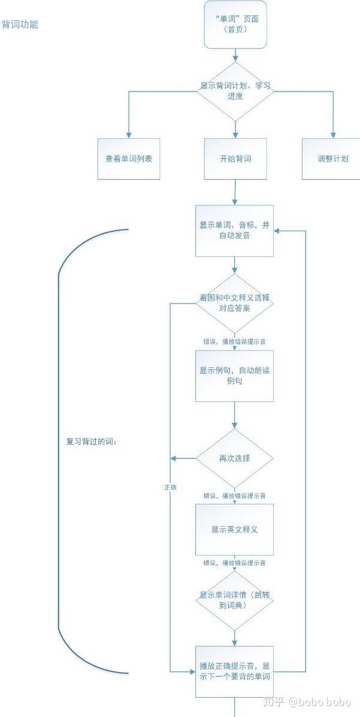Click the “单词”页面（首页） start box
235,24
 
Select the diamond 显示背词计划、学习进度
235,92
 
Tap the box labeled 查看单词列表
129,159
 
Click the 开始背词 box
235,159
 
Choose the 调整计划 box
333,159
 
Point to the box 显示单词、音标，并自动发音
235,231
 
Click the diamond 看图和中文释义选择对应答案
235,303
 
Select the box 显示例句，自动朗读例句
235,376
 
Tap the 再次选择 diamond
235,458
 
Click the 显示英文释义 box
235,530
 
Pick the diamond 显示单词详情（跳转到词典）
235,600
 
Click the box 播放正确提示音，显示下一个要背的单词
235,671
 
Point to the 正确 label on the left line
170,488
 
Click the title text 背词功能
20,25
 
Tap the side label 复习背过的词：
92,443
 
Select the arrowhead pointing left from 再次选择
173,458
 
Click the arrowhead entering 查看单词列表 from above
129,135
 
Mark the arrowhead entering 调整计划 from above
333,135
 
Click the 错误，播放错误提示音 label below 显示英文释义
235,563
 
